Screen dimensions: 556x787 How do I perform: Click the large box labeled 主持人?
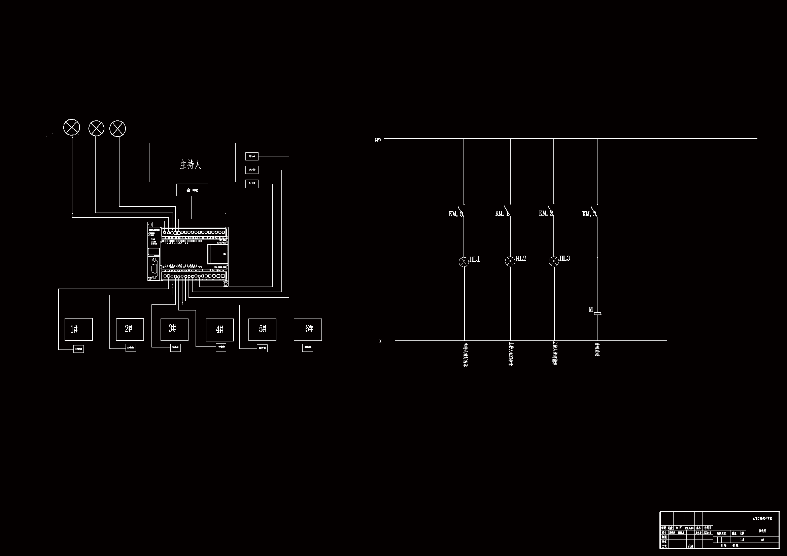192,163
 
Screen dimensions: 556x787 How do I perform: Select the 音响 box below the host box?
192,190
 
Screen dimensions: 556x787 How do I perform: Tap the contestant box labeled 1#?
78,329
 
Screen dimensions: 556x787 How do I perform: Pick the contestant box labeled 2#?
130,329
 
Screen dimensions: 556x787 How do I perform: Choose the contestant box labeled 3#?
174,329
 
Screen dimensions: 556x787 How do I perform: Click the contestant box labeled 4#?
219,330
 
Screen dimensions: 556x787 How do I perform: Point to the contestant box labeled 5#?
262,329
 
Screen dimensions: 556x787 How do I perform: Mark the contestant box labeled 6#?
307,329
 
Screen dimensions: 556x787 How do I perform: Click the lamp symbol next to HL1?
464,262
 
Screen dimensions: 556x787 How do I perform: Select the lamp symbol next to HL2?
510,261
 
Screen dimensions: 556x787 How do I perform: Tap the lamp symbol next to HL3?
554,261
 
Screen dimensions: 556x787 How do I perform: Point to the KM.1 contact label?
502,214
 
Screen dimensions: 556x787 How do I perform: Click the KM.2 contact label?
546,214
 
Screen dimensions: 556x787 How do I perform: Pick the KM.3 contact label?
589,214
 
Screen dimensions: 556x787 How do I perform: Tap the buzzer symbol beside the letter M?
597,313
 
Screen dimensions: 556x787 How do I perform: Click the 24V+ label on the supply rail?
378,140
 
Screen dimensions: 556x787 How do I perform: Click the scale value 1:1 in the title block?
742,540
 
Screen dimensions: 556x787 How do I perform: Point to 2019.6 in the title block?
707,533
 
